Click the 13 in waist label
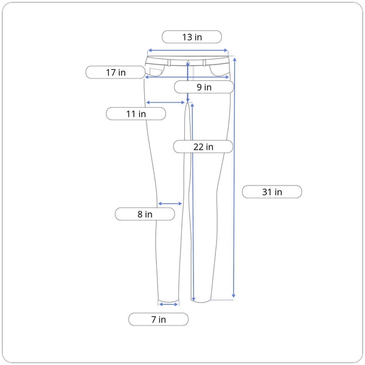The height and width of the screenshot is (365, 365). coord(192,36)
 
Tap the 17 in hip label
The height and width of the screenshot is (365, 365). coord(116,72)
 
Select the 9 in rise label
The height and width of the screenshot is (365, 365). coord(204,87)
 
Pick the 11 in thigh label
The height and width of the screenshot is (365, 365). coord(136,114)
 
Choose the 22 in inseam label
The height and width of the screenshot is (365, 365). coord(203,147)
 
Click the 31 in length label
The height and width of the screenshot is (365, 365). coord(272,192)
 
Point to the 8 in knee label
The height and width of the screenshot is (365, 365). coord(145,214)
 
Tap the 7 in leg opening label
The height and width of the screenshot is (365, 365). coord(158,319)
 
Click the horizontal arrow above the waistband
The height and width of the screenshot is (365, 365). coord(187,50)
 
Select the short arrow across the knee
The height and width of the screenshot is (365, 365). coord(170,204)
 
